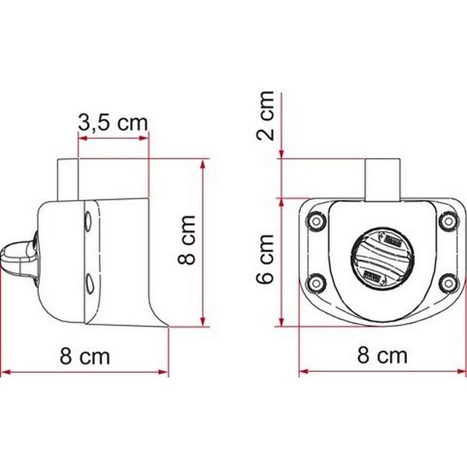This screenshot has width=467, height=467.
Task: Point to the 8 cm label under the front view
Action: pos(382,357)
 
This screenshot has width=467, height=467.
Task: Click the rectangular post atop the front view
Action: pos(381,178)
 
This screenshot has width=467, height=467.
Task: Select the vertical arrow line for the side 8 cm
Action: pos(203,243)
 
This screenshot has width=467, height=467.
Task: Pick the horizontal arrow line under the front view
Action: pos(382,371)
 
